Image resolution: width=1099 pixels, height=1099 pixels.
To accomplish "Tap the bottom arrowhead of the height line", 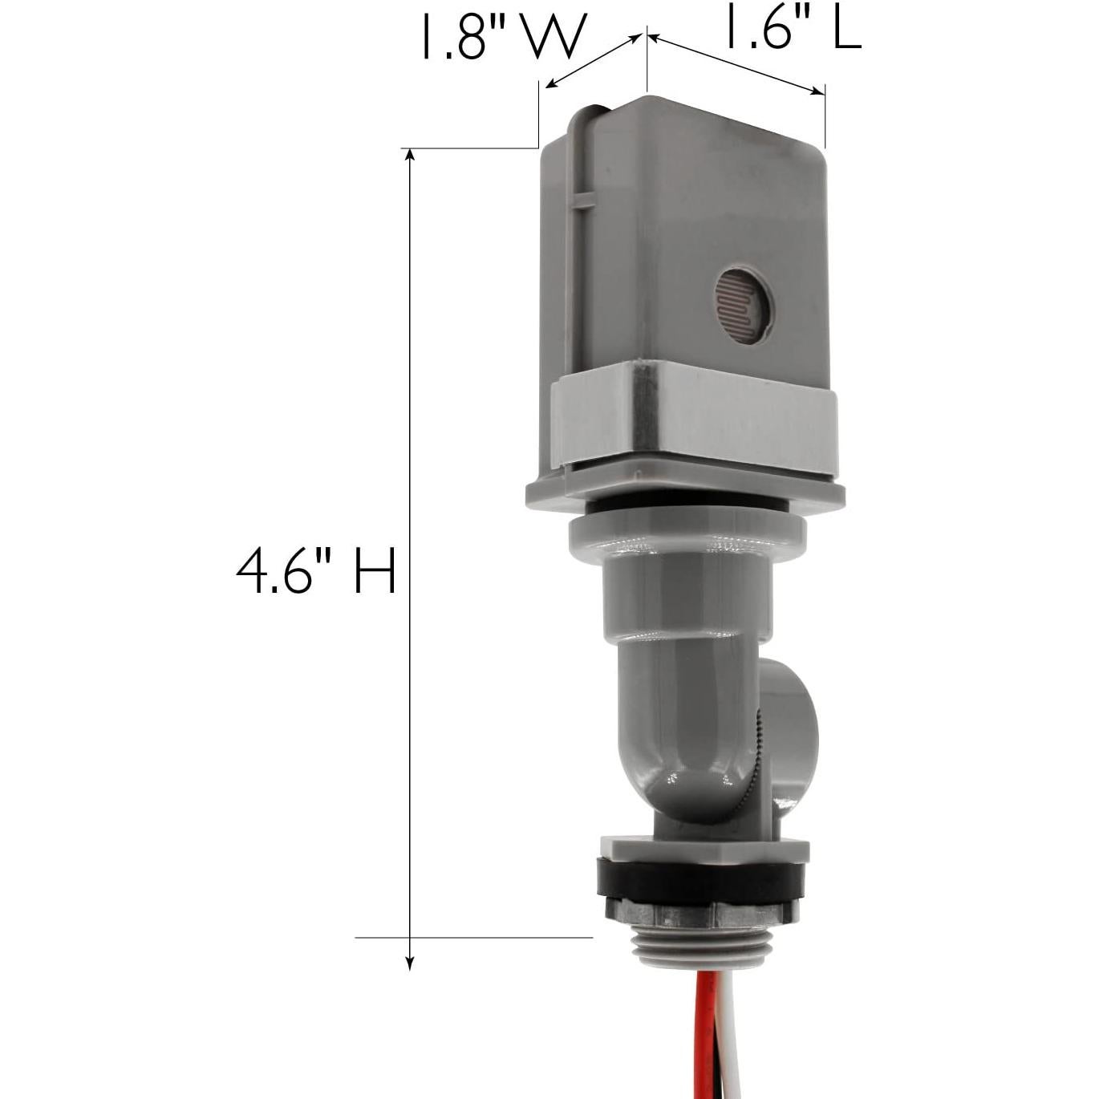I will pos(411,963).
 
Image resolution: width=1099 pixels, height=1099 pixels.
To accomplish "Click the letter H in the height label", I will pos(375,571).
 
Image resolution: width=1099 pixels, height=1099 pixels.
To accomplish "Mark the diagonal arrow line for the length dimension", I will pos(736,64).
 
